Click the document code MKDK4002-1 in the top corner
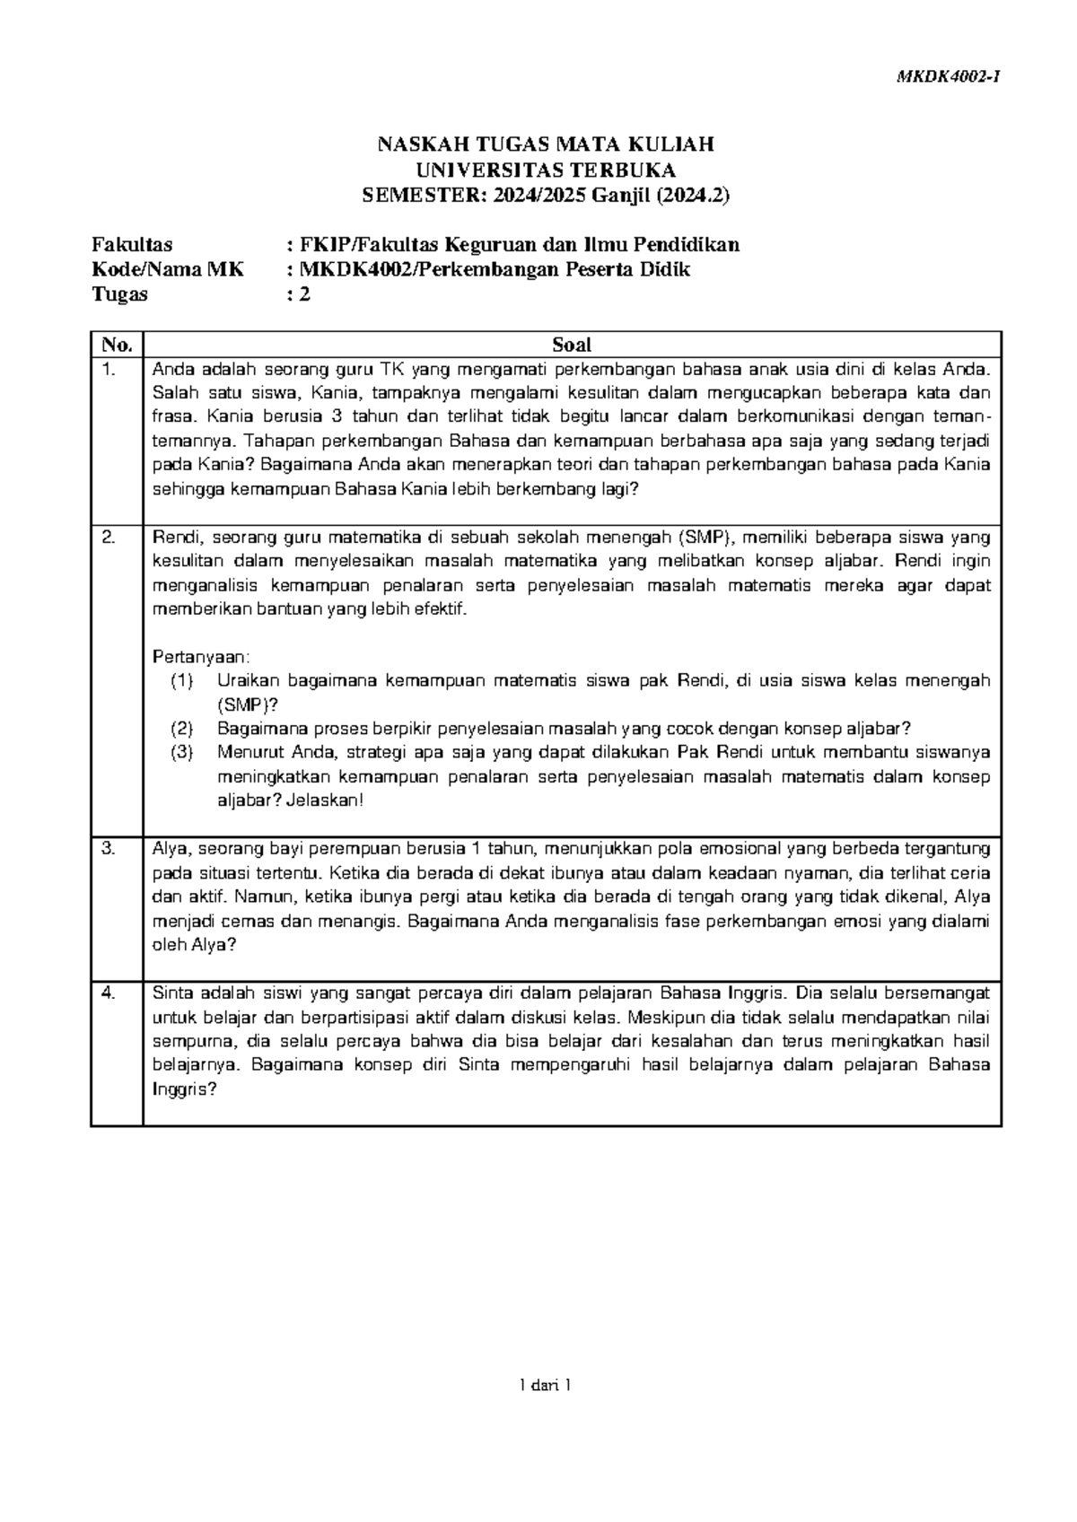point(950,77)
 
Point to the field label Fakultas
point(133,244)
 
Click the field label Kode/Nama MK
point(168,269)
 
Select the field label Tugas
point(120,294)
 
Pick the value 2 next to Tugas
point(304,294)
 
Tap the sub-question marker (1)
point(182,681)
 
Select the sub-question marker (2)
point(182,729)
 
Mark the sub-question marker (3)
point(182,753)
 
